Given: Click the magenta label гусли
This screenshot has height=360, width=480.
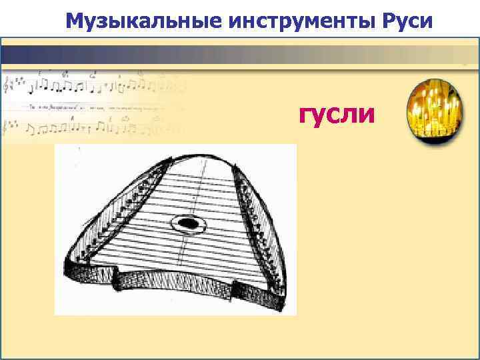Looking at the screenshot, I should [337, 114].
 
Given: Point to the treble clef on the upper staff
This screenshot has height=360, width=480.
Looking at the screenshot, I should [9, 86].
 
